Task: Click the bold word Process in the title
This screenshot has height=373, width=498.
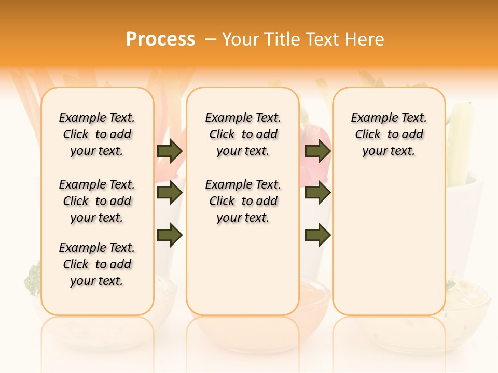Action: pyautogui.click(x=160, y=39)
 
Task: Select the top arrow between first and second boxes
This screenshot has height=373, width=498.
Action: pyautogui.click(x=170, y=151)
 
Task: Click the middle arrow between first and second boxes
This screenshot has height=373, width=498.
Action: pyautogui.click(x=170, y=193)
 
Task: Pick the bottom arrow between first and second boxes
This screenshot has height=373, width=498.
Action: pyautogui.click(x=170, y=235)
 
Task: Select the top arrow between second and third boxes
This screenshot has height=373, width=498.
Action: pyautogui.click(x=317, y=151)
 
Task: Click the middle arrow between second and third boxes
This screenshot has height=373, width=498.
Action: pyautogui.click(x=317, y=193)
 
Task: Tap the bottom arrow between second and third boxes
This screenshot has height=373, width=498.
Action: pyautogui.click(x=317, y=235)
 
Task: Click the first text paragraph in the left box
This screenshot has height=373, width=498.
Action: pyautogui.click(x=97, y=134)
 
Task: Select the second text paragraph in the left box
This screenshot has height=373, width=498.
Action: pyautogui.click(x=97, y=201)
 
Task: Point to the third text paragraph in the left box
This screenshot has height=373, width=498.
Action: pyautogui.click(x=97, y=264)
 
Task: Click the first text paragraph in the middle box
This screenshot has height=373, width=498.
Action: pyautogui.click(x=243, y=134)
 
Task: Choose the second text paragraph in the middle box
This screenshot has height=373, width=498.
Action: pyautogui.click(x=243, y=201)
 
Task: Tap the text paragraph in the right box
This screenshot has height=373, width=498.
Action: pyautogui.click(x=389, y=134)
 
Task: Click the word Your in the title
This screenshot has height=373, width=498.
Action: pyautogui.click(x=242, y=39)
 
